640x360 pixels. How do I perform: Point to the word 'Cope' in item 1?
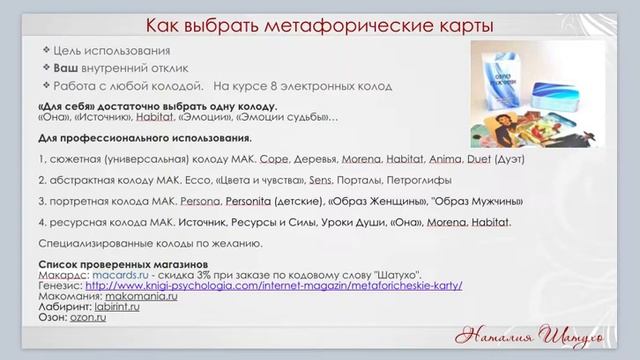pos(273,159)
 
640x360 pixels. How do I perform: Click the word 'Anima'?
pos(445,159)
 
